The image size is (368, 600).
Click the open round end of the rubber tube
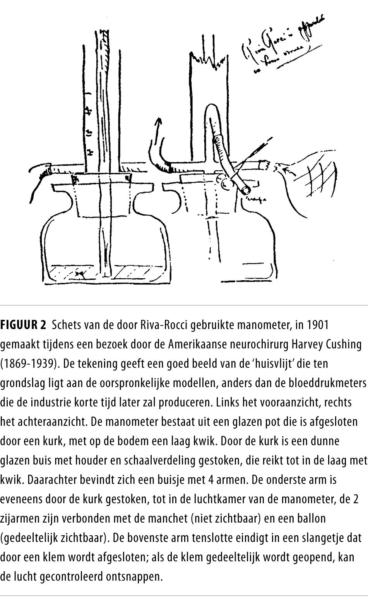tap(245, 190)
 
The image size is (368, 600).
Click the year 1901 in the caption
tap(317, 325)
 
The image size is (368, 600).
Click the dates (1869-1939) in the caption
tap(29, 363)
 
